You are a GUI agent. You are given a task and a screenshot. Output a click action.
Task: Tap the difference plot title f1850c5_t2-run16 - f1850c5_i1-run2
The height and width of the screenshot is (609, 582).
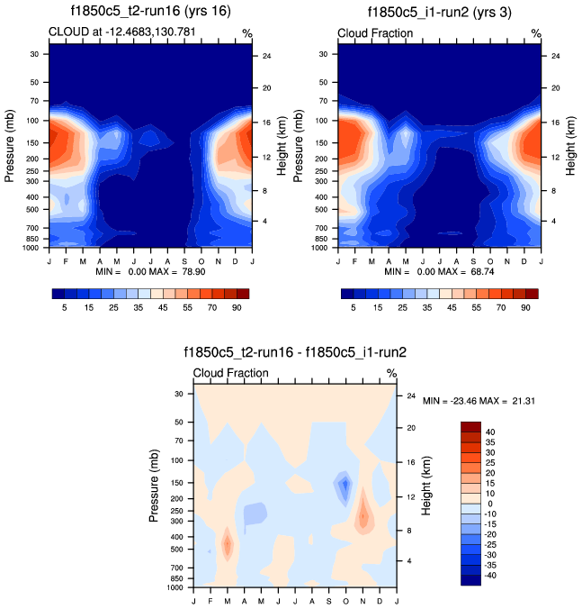tap(295, 352)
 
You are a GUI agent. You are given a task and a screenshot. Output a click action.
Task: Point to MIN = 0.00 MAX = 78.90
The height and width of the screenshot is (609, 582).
tap(149, 270)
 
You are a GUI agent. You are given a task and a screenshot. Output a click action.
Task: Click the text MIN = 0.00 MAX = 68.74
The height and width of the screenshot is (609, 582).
tap(439, 270)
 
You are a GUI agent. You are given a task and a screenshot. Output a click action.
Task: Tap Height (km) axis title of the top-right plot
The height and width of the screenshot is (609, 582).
tap(570, 145)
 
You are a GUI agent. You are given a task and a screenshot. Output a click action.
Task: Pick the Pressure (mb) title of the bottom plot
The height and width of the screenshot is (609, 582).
tap(156, 485)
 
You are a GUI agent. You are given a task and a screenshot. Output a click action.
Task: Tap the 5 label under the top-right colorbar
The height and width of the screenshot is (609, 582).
tap(354, 307)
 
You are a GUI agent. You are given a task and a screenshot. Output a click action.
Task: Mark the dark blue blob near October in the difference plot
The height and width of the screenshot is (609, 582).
tap(344, 486)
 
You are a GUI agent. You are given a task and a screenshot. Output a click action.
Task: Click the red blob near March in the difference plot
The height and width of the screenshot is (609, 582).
tap(227, 544)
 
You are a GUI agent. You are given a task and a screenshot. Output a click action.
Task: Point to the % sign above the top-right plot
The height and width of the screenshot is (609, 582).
tap(536, 33)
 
